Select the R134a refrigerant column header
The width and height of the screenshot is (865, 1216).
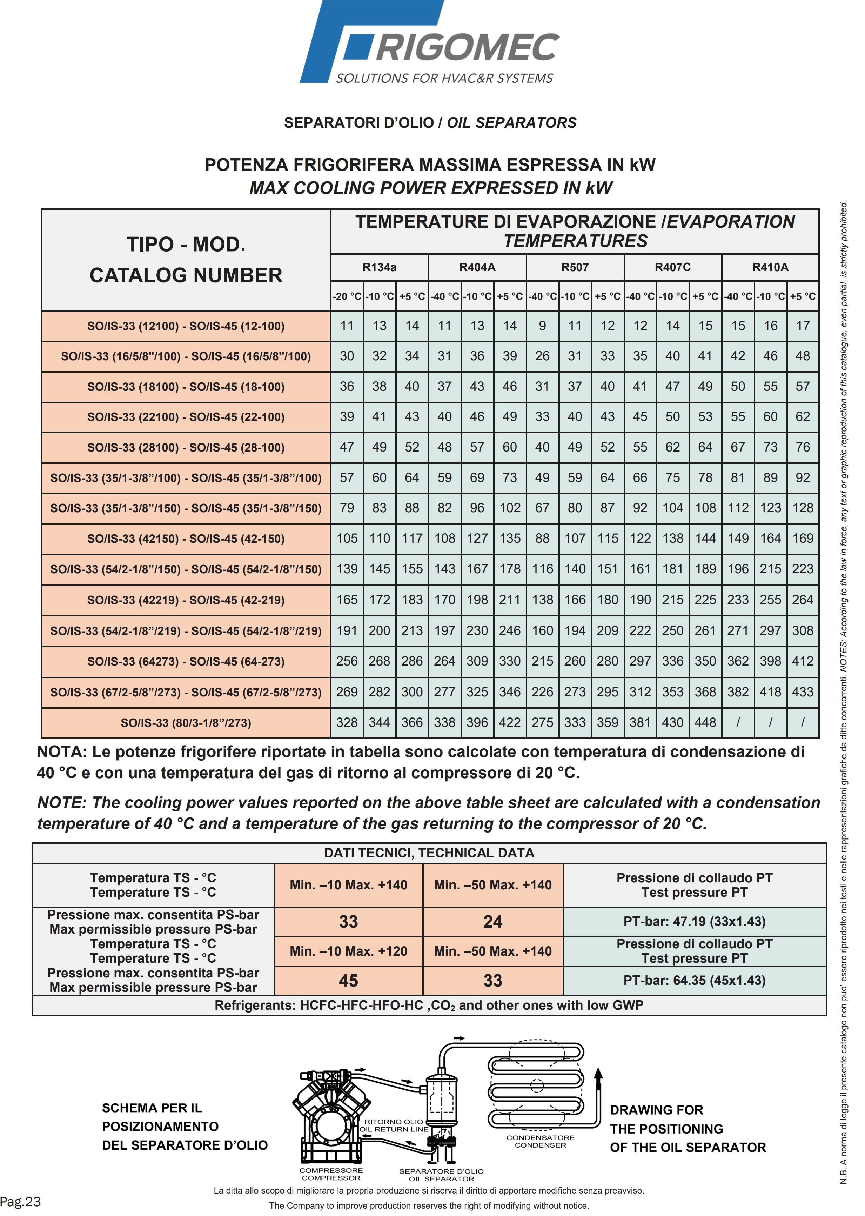pos(379,267)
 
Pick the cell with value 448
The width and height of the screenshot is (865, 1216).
pos(705,722)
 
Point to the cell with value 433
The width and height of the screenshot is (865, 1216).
pos(802,692)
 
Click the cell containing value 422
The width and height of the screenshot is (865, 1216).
pos(510,722)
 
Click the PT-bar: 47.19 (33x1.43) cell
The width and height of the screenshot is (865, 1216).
pos(694,921)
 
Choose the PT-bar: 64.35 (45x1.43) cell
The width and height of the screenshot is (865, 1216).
pos(694,981)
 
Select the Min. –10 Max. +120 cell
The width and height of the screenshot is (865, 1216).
pos(348,951)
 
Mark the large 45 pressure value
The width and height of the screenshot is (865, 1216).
pos(348,981)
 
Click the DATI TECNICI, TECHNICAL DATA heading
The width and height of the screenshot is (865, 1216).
pos(429,853)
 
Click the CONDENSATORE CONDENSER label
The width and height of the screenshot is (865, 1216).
pos(540,1141)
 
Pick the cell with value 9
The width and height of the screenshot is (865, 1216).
pos(542,326)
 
